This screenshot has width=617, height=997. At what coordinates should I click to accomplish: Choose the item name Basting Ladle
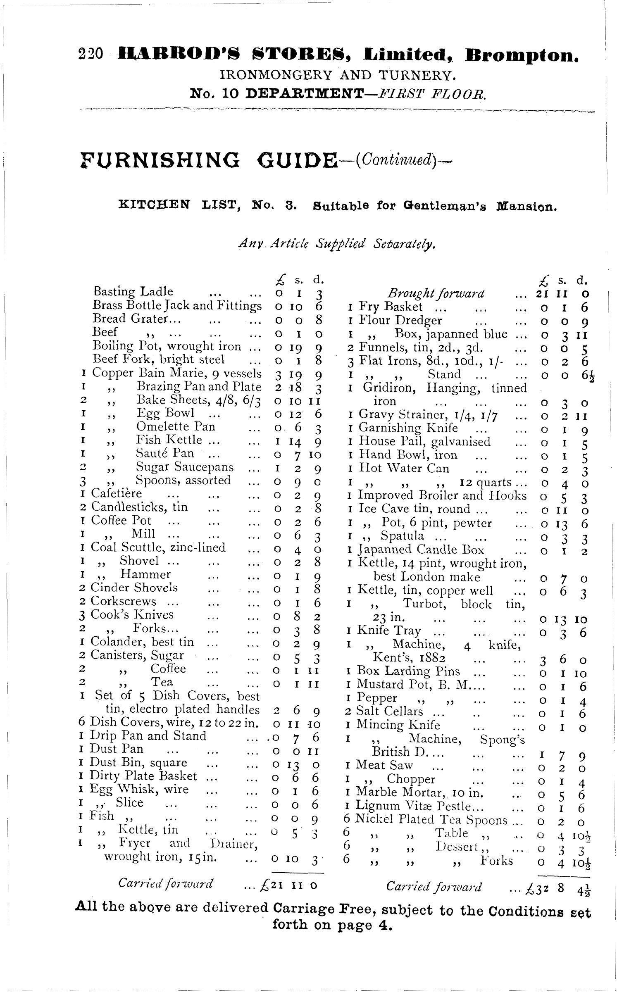(133, 291)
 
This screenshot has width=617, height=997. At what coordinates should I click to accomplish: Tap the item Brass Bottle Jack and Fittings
(177, 305)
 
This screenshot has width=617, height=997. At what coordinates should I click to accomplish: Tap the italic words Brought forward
(436, 294)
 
